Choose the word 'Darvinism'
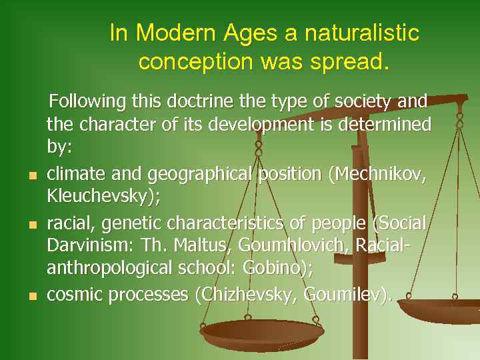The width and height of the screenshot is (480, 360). point(89,246)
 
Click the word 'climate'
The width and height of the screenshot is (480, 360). point(74,174)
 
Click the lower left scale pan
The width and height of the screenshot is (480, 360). point(261,330)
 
